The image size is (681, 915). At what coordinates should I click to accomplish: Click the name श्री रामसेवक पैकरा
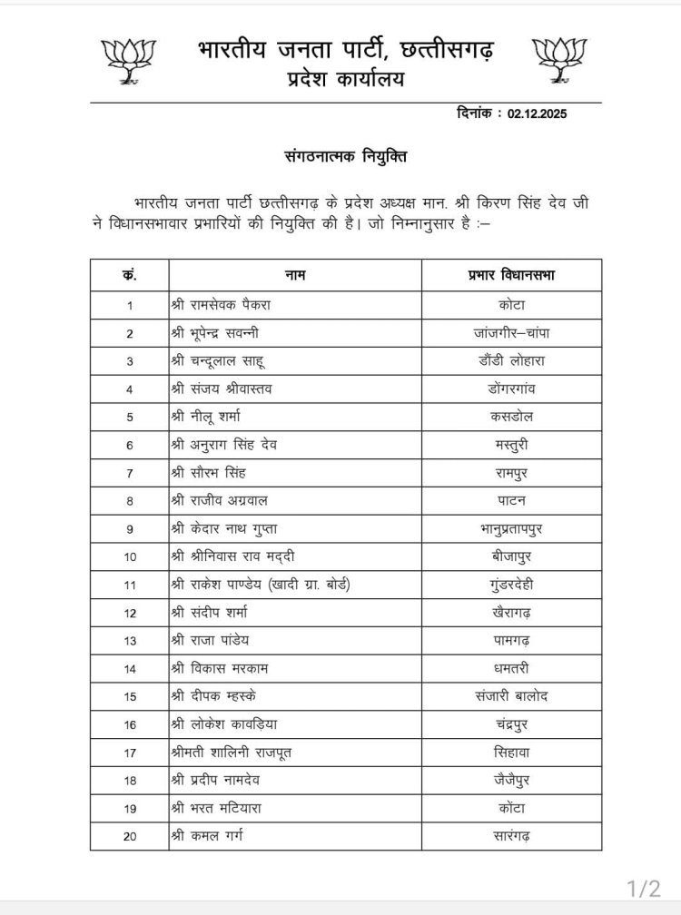(x=222, y=304)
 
